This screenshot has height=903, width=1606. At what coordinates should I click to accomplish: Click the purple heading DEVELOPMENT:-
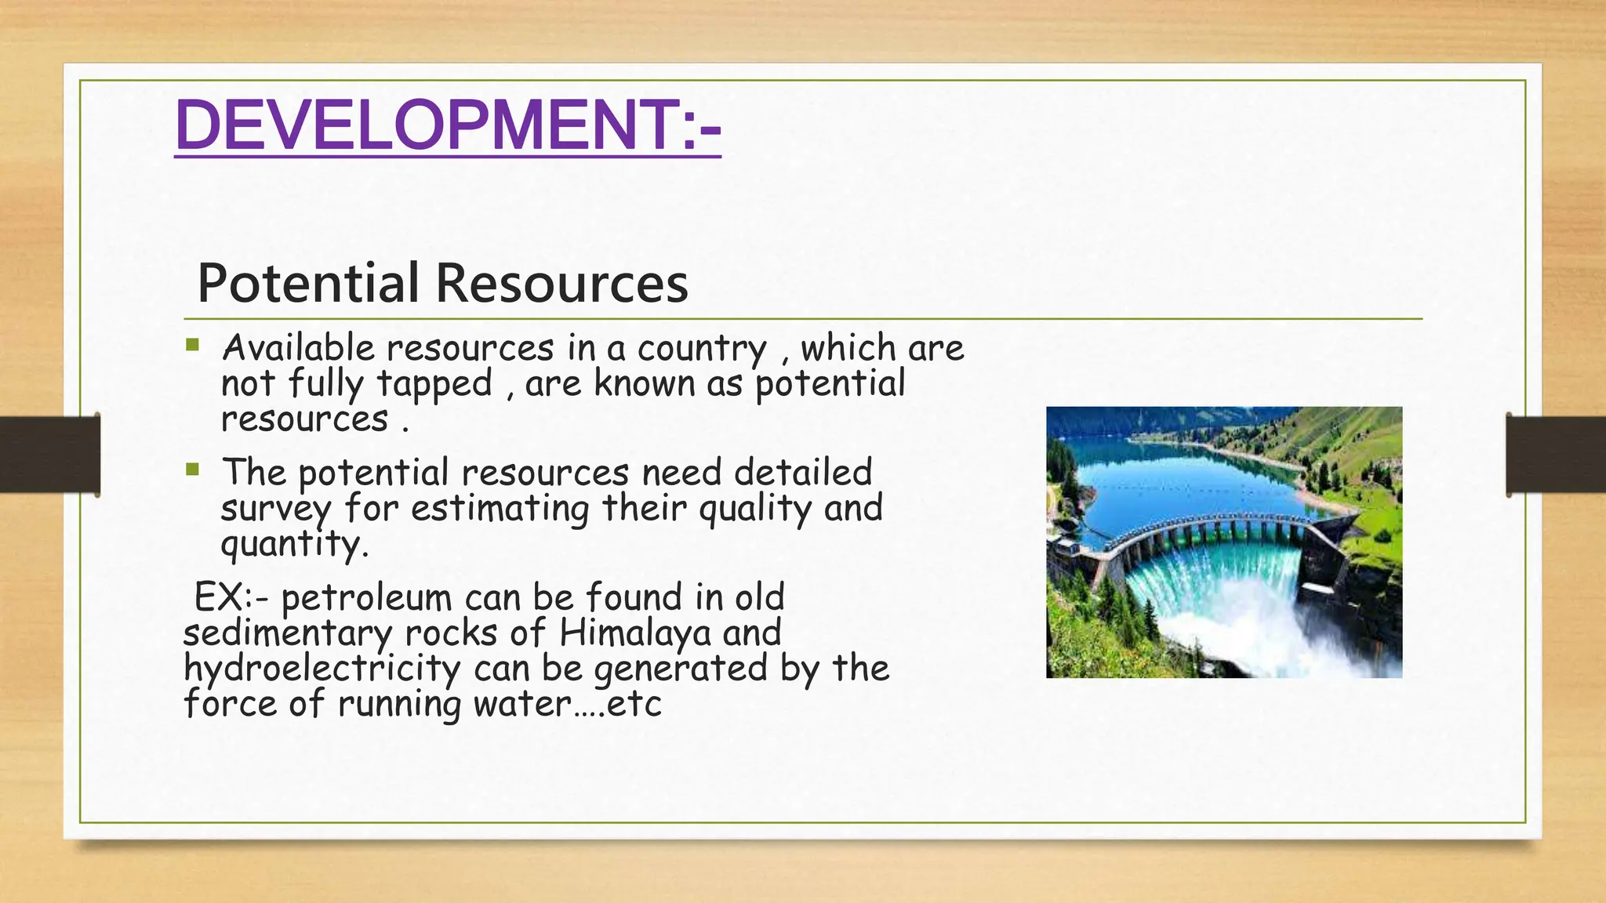(x=447, y=125)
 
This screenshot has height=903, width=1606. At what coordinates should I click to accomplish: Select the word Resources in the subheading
(x=562, y=283)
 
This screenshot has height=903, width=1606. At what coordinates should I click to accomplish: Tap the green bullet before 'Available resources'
(x=193, y=345)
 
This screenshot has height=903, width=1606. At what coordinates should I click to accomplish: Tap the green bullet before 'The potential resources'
(x=193, y=470)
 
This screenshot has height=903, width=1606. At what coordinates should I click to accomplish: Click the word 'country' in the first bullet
(x=702, y=350)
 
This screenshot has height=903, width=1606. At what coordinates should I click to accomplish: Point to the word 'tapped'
(x=434, y=385)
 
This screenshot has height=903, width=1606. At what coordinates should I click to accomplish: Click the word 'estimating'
(x=500, y=509)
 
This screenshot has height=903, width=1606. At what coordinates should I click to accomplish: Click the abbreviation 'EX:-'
(x=231, y=598)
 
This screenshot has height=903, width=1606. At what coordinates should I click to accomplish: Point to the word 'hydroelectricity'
(x=322, y=669)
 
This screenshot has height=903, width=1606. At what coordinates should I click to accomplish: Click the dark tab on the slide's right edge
(x=1556, y=455)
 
